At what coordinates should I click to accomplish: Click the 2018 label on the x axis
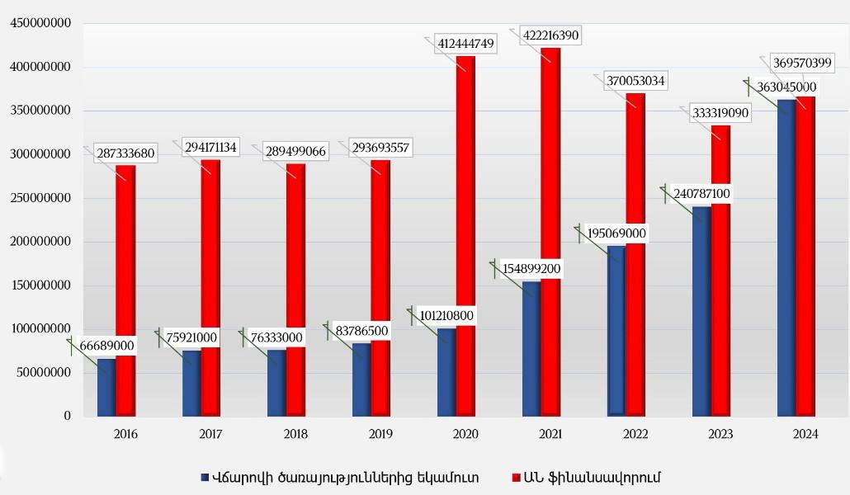(x=296, y=434)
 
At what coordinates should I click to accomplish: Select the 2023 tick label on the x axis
(x=720, y=434)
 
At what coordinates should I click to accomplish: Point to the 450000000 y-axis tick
(x=40, y=23)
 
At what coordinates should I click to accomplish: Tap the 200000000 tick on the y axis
(x=40, y=242)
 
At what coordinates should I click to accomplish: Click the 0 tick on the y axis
(x=67, y=417)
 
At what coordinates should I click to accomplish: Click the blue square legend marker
(x=205, y=478)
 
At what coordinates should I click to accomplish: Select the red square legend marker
(x=517, y=478)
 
